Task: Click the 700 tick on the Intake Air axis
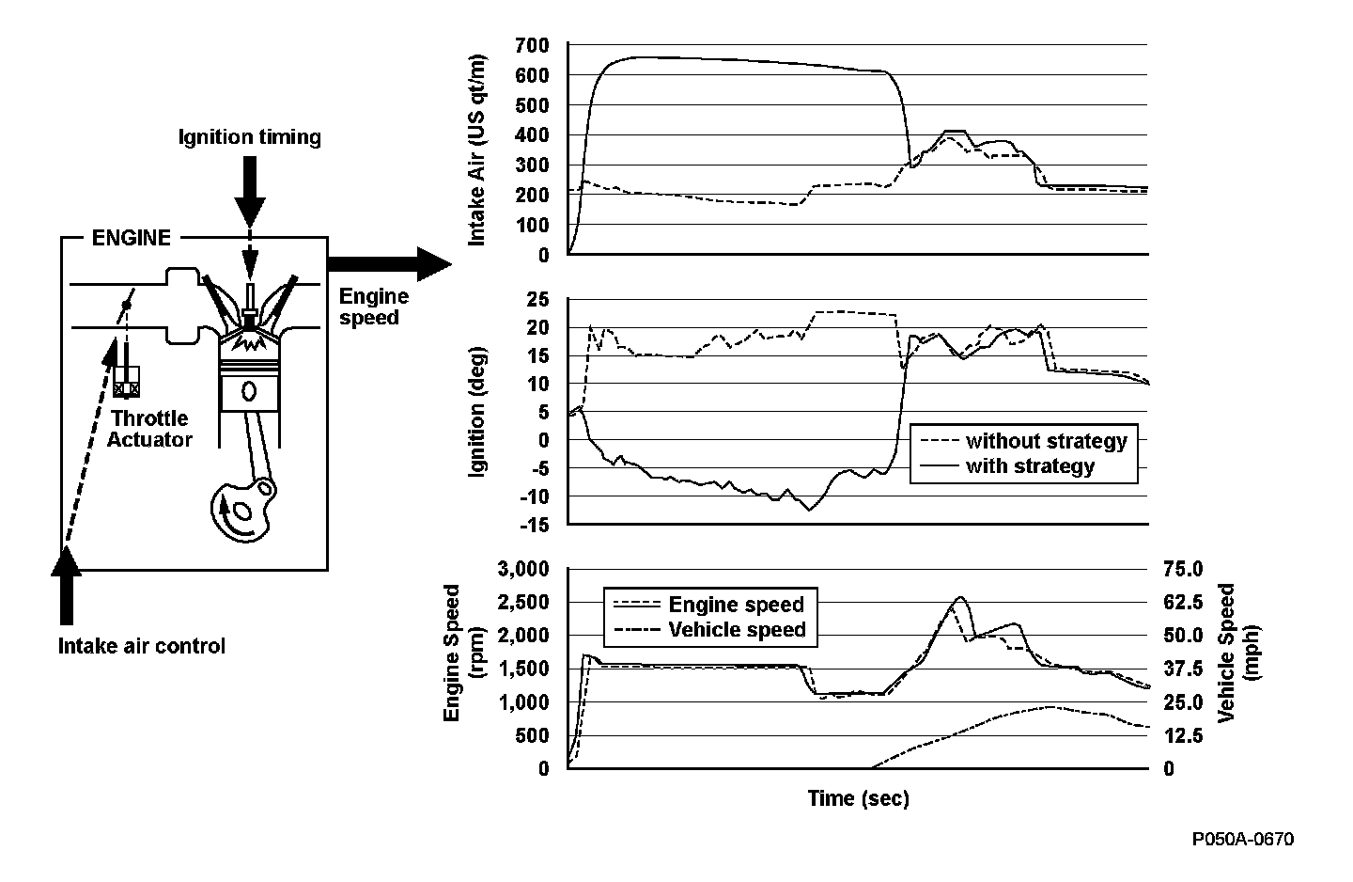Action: tap(532, 45)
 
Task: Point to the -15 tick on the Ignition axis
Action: tap(533, 525)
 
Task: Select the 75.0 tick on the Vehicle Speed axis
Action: tap(1183, 569)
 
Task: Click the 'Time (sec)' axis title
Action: tap(858, 799)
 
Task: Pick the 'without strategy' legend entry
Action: tap(1045, 440)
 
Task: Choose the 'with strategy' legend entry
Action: tap(1030, 465)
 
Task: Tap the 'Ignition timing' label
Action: tap(250, 137)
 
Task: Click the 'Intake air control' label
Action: tap(142, 646)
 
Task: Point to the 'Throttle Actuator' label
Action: tap(150, 429)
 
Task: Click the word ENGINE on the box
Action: tap(132, 238)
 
